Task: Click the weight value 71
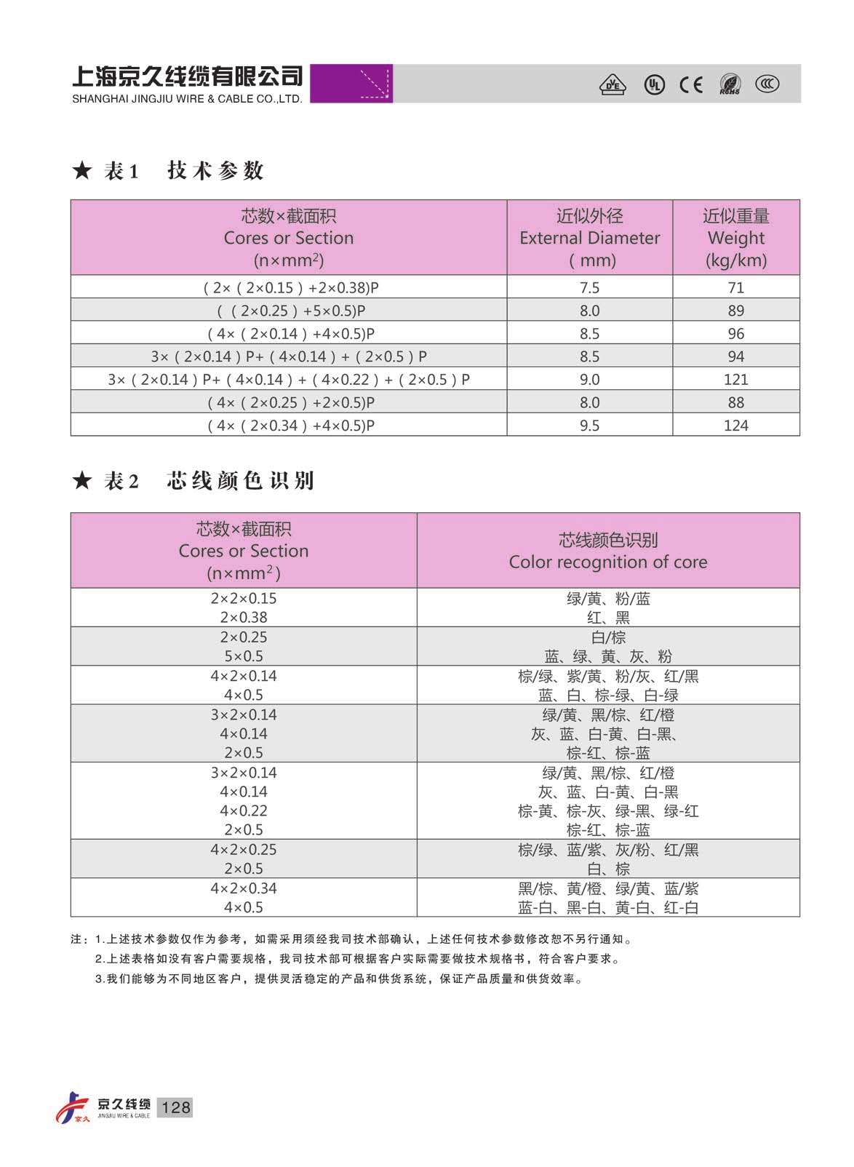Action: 735,287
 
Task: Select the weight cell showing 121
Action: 735,379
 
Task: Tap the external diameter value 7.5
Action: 589,287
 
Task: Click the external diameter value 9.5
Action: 589,425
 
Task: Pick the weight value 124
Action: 735,425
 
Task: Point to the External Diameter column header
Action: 589,237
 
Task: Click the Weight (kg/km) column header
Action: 735,237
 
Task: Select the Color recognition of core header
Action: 607,551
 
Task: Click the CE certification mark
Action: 690,85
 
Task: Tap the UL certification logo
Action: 654,85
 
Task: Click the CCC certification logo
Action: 766,84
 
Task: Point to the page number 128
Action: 175,1107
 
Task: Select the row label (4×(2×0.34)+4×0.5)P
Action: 290,425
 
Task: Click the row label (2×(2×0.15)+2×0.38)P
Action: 290,287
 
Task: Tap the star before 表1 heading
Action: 82,171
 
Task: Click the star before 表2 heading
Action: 82,480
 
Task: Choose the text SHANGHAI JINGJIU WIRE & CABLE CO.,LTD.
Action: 187,99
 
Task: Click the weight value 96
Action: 735,333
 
